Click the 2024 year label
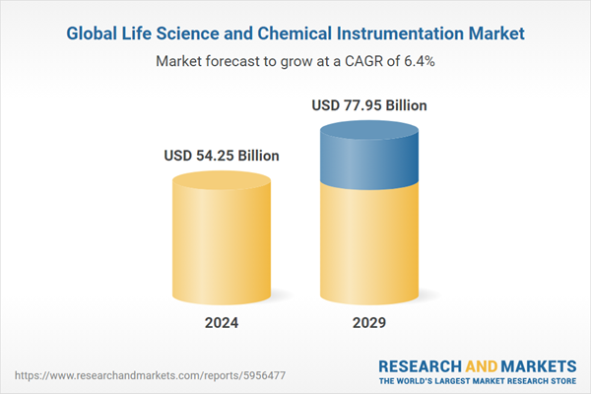[x=222, y=323]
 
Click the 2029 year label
[x=369, y=323]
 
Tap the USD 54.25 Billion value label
[x=222, y=156]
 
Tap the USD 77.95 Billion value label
[x=369, y=104]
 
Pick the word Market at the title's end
[x=492, y=33]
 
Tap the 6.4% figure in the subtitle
[x=417, y=60]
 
